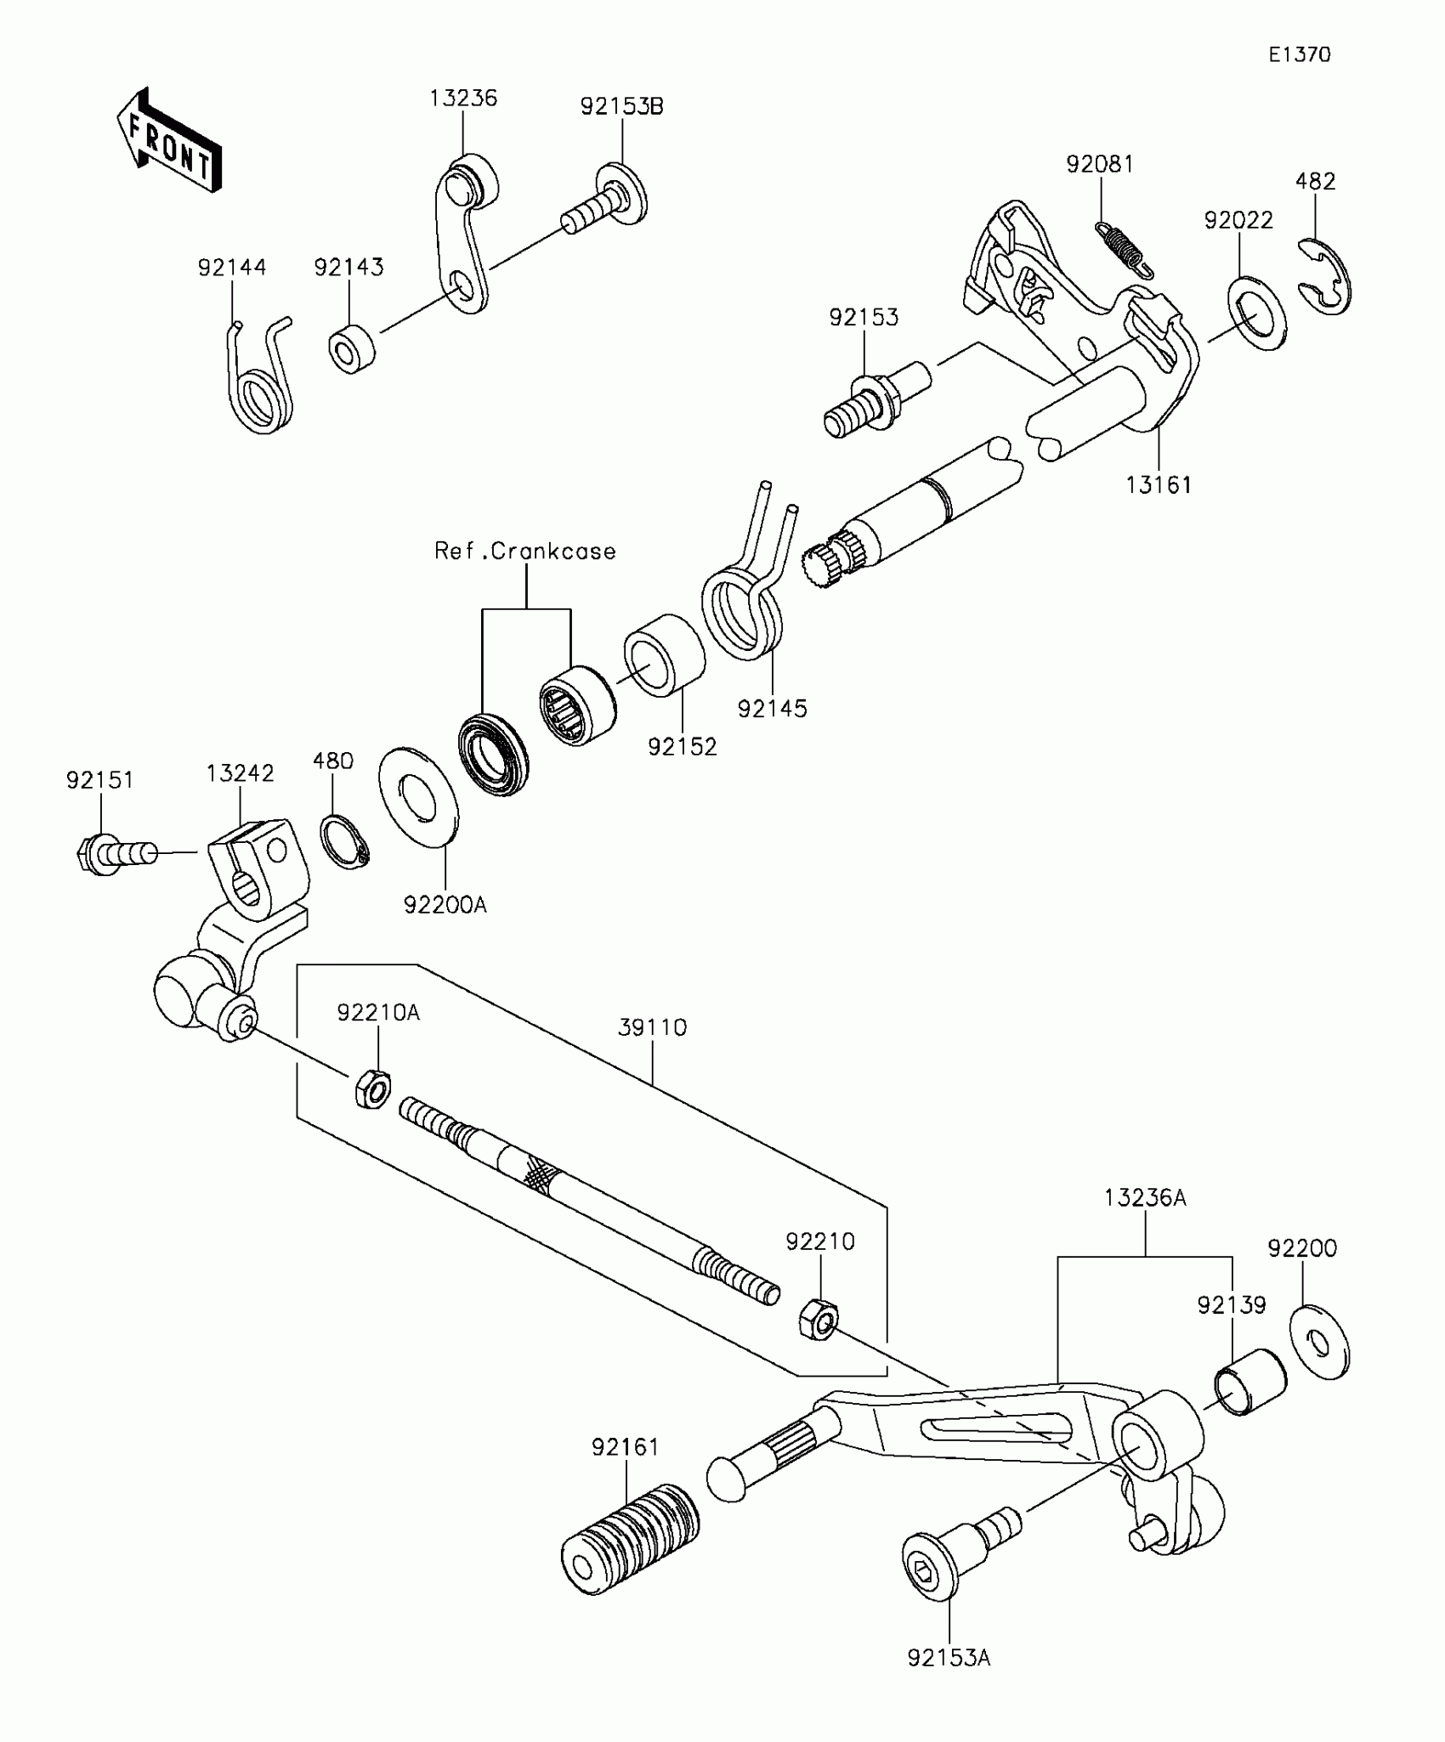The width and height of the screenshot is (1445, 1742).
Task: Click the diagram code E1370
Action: [1300, 55]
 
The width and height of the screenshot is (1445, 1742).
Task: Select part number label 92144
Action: [232, 268]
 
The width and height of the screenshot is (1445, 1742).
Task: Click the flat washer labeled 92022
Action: [1256, 314]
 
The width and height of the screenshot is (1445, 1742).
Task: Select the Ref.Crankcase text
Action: [525, 551]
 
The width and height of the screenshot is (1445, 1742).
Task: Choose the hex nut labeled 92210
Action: [818, 1319]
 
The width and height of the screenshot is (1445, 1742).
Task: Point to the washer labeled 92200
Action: [1318, 1343]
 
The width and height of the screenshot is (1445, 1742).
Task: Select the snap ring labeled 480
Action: [343, 841]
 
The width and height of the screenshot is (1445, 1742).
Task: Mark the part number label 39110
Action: [652, 1028]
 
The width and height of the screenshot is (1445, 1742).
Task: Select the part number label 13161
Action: [1158, 485]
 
